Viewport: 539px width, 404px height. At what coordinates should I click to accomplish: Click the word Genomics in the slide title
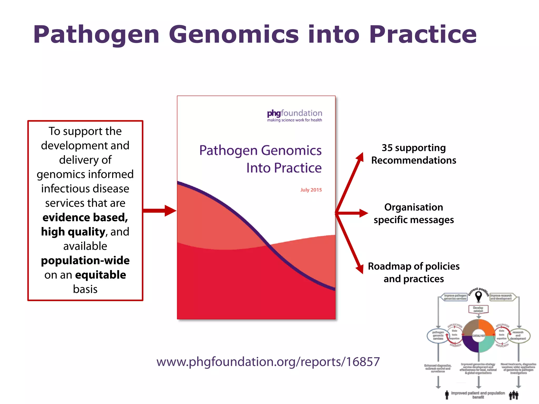234,35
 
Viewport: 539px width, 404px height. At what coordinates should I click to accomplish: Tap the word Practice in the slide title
423,35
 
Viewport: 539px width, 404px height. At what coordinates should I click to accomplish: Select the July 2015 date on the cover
311,190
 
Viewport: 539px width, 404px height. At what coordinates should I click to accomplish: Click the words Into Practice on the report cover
284,168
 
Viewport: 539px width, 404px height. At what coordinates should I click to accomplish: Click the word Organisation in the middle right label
413,207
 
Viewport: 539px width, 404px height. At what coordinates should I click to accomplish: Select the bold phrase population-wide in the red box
85,260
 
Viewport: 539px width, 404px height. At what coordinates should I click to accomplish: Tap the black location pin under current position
478,297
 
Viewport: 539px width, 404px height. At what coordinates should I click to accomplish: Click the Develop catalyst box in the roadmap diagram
478,309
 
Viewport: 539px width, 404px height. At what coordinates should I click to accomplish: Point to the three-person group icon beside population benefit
513,395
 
